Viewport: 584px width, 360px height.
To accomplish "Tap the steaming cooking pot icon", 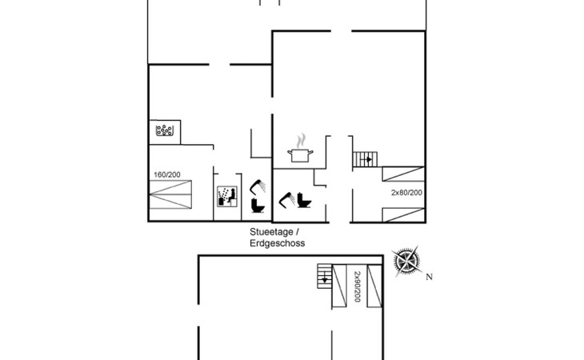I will coord(301,150).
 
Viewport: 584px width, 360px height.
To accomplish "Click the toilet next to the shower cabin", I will coord(258,206).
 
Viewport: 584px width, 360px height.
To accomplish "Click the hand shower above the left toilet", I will coord(258,186).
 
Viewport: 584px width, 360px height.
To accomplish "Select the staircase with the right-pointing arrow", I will coord(365,158).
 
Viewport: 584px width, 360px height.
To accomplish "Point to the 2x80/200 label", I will coord(406,193).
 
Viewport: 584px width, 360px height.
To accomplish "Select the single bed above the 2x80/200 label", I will coord(402,175).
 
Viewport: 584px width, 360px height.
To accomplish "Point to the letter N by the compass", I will coord(429,278).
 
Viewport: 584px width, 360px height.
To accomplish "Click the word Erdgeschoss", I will coord(278,243).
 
